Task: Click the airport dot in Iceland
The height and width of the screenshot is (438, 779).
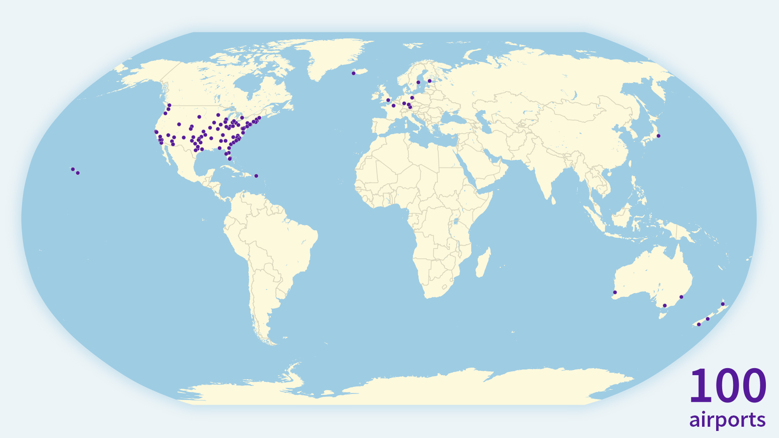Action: [x=353, y=73]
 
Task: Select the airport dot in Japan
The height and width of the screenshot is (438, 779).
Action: [x=658, y=136]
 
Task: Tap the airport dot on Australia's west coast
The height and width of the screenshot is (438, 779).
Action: [x=615, y=293]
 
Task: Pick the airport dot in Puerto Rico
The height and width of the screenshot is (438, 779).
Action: [x=256, y=176]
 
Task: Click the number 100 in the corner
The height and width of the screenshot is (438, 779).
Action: [x=727, y=386]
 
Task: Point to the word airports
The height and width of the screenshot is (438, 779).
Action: [x=727, y=420]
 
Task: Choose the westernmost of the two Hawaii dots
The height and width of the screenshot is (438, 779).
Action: [x=73, y=169]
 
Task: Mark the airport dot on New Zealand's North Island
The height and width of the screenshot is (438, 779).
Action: [x=723, y=304]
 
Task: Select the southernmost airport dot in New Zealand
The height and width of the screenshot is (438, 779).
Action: [x=699, y=325]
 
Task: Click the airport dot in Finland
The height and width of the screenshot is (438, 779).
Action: [x=429, y=81]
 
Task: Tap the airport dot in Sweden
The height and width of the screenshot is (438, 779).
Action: [x=418, y=83]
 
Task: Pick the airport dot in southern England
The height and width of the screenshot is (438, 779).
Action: [x=388, y=100]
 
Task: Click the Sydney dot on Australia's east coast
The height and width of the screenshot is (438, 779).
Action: [x=681, y=297]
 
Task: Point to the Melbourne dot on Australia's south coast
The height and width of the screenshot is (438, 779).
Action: [x=664, y=306]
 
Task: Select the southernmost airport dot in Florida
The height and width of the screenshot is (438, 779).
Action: [x=229, y=159]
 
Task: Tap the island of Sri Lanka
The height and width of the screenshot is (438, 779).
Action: [x=553, y=201]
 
